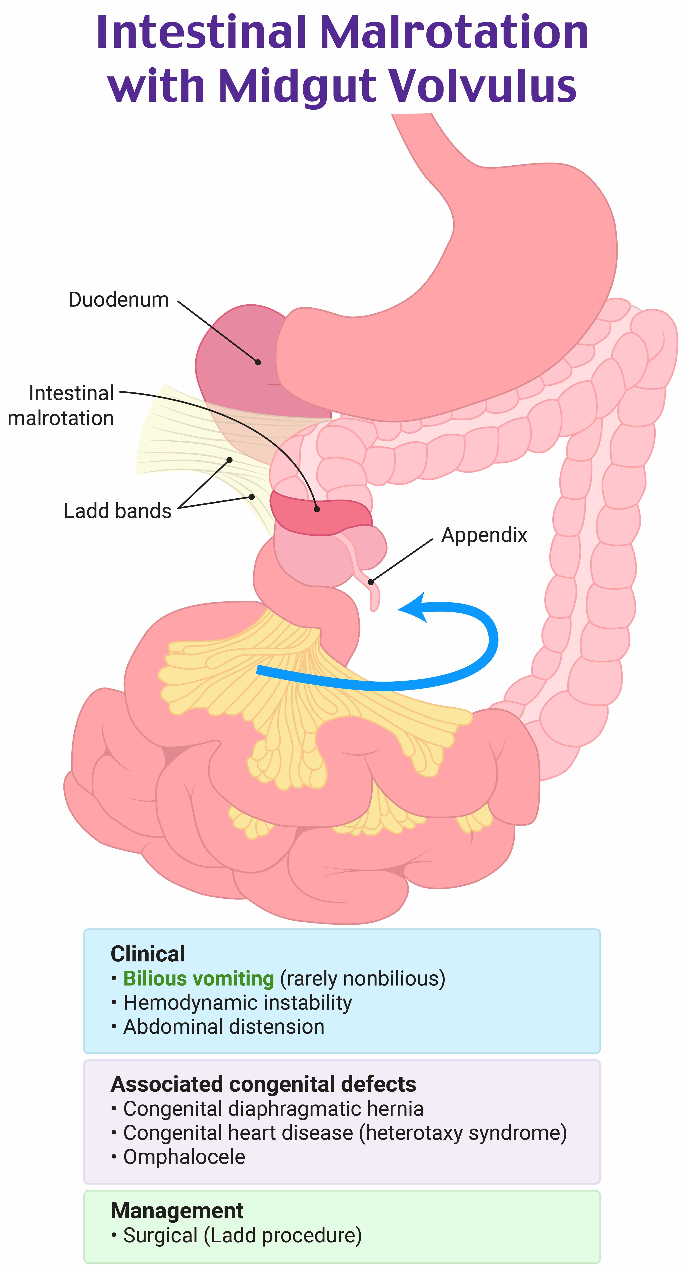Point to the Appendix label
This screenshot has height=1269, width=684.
tap(484, 534)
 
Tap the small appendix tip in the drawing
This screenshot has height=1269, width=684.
tap(375, 604)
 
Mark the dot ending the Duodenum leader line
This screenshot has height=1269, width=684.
tap(258, 362)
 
